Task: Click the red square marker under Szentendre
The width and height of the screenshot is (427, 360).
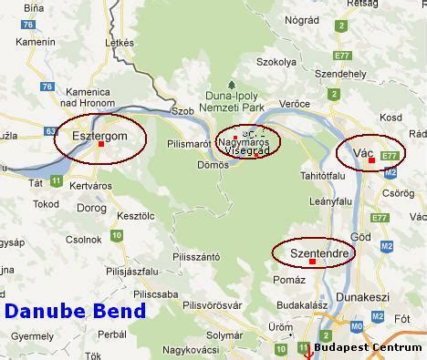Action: point(313,262)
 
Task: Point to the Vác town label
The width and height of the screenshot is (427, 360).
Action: point(362,149)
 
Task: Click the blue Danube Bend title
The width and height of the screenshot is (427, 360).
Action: point(75,311)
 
